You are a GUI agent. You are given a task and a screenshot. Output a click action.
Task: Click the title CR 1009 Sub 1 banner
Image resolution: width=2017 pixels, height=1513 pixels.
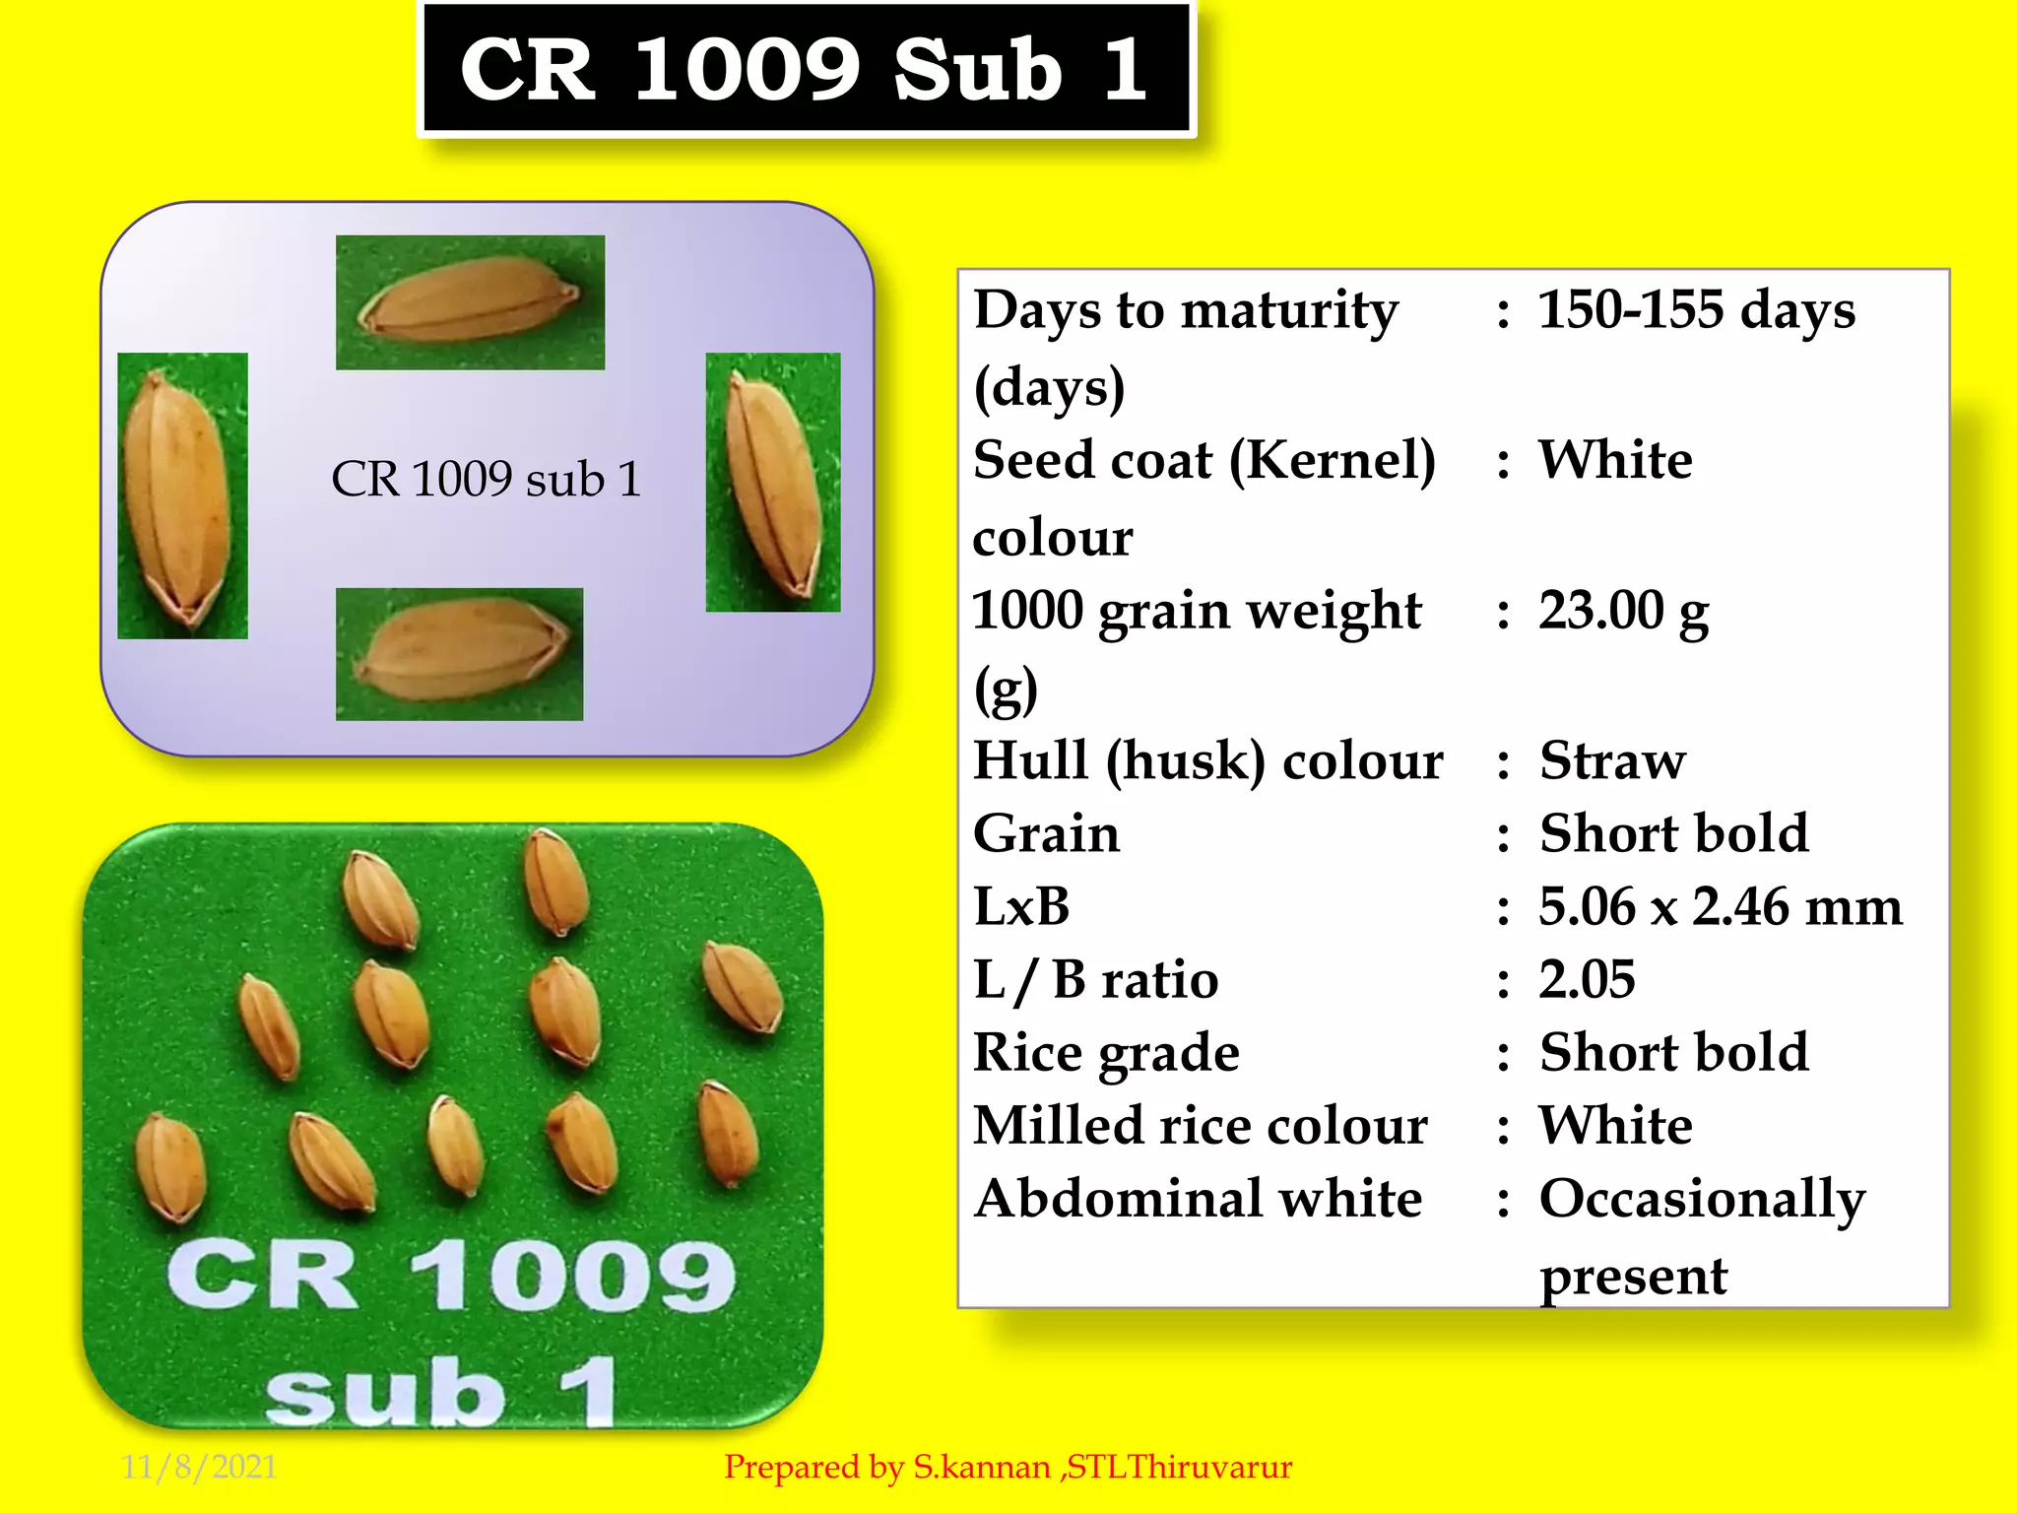(x=806, y=69)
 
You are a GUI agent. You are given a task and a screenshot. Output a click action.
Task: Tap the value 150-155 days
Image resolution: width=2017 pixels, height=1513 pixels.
(x=1696, y=310)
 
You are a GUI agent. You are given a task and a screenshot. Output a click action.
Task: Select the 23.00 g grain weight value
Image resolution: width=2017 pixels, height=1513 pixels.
(x=1623, y=612)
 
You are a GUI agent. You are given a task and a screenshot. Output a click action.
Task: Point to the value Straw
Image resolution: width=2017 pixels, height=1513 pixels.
(x=1612, y=761)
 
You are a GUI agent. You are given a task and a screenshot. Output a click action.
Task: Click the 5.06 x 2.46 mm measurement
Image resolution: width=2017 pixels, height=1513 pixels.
(x=1720, y=907)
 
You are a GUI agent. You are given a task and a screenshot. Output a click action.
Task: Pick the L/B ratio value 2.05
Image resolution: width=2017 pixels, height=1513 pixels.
(x=1587, y=980)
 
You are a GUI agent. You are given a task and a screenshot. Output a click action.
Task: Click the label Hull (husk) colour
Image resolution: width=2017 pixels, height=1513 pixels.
(x=1207, y=761)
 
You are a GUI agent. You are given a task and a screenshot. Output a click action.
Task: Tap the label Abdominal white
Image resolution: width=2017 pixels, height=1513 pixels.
(x=1198, y=1200)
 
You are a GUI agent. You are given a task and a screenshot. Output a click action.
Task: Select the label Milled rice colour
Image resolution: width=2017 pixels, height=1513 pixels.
(x=1200, y=1126)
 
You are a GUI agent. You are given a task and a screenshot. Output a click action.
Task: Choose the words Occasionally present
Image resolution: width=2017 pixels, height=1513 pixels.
(x=1701, y=1236)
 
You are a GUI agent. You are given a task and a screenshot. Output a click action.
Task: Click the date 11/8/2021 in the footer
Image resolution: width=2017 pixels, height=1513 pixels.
(x=199, y=1467)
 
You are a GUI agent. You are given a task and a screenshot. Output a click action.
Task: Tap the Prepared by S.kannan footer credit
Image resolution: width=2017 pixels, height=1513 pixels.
(x=1008, y=1468)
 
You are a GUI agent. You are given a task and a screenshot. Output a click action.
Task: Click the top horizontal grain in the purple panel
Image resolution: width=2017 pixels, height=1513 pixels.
(x=470, y=301)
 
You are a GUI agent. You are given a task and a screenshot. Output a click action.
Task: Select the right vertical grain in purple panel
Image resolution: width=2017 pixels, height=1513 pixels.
(x=773, y=483)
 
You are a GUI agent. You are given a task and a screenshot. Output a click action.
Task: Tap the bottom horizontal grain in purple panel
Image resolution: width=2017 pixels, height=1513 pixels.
(x=459, y=654)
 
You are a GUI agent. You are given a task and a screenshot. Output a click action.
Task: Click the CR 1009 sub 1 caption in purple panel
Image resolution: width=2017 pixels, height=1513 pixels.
(x=486, y=480)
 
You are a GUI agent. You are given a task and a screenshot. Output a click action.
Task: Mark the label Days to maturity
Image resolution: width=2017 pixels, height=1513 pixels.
(x=1185, y=310)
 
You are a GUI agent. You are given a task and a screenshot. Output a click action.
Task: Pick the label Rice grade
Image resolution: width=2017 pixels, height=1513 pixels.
(x=1105, y=1053)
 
